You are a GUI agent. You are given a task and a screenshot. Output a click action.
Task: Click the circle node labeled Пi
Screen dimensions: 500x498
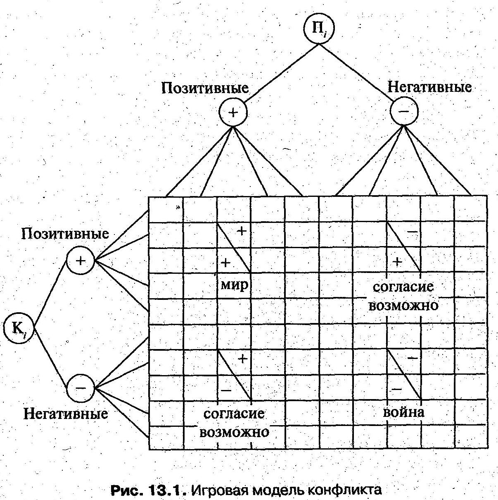[318, 29]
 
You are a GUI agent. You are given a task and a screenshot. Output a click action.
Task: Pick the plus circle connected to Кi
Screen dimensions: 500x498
[81, 261]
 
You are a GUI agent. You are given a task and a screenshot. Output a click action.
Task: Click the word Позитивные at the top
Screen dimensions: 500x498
[205, 88]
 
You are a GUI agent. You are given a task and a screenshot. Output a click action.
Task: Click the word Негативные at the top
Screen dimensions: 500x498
[429, 87]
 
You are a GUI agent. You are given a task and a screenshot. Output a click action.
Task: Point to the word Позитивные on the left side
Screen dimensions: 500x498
[65, 234]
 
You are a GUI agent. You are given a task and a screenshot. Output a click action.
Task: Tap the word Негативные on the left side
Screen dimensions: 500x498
[66, 414]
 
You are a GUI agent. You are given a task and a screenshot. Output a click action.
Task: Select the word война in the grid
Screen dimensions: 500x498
[403, 412]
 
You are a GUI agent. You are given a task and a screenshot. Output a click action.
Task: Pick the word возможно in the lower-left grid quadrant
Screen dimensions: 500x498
[234, 432]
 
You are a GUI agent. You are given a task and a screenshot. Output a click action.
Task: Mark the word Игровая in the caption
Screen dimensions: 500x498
[219, 490]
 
